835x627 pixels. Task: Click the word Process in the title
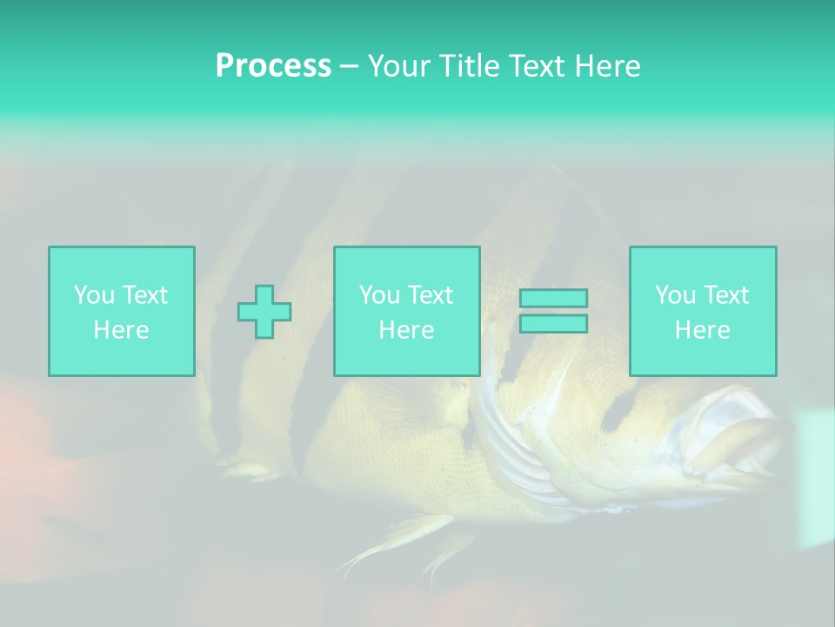tap(273, 65)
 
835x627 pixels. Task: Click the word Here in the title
tap(609, 65)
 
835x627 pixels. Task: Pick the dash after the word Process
tap(349, 67)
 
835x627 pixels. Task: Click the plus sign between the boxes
tap(264, 312)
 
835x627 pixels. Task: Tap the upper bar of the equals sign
tap(553, 298)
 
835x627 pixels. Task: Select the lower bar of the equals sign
tap(553, 324)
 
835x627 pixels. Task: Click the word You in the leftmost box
tap(93, 294)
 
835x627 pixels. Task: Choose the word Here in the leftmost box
tap(121, 329)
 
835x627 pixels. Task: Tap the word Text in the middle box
tap(431, 294)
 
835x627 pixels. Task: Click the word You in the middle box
tap(379, 294)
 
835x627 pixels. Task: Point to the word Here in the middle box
tap(406, 329)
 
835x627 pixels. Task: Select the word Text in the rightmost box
tap(726, 294)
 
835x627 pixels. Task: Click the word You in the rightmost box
tap(675, 294)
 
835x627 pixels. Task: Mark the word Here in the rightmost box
tap(702, 329)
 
